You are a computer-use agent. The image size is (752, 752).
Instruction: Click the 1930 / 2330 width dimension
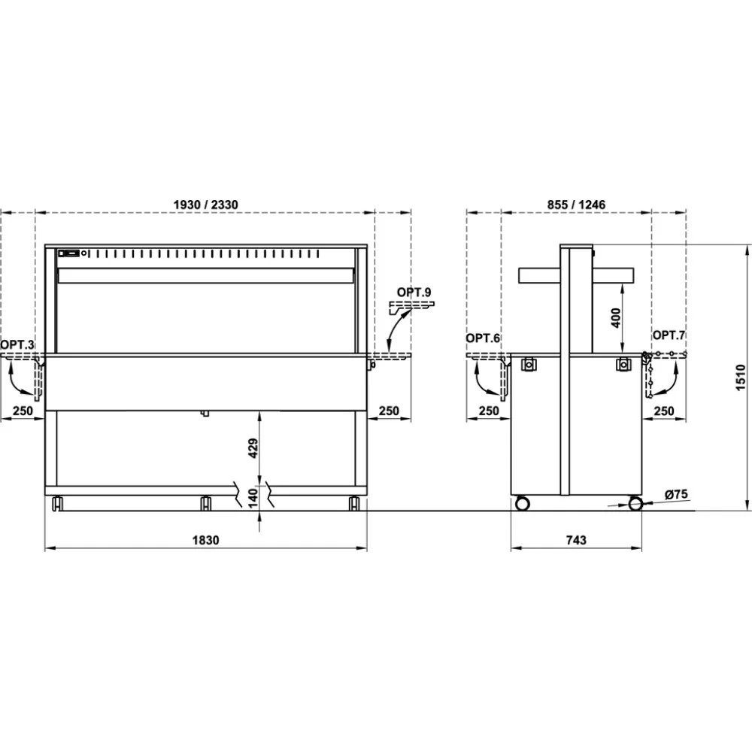[205, 205]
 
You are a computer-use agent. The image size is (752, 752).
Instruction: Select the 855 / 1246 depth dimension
[577, 205]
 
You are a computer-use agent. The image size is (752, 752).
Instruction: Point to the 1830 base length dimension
[205, 540]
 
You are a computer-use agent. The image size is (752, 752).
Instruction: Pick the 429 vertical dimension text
[253, 448]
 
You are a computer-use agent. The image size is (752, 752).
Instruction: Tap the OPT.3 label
[17, 344]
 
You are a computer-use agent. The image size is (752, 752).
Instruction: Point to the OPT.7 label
[669, 335]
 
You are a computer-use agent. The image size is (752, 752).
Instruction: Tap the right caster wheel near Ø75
[635, 503]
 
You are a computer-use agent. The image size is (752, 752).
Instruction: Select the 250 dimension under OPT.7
[665, 411]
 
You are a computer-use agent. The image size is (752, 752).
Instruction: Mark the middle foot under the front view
[205, 502]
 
